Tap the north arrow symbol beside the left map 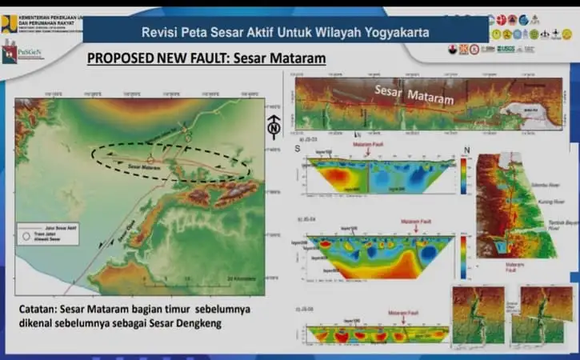pos(273,127)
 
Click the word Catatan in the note pos(40,309)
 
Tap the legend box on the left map pos(46,233)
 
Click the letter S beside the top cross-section pos(298,150)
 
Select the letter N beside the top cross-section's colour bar pos(465,150)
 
